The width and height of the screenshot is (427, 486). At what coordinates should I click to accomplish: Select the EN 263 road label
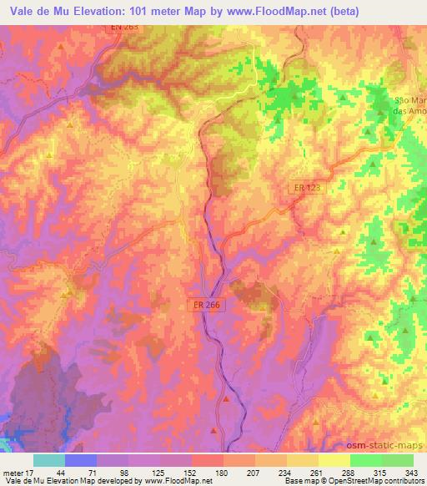tap(123, 28)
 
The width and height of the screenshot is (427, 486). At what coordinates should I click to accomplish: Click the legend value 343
tap(413, 472)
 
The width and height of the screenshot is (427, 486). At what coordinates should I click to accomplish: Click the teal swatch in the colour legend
tap(49, 460)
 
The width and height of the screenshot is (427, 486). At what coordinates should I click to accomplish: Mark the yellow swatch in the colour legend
tap(334, 460)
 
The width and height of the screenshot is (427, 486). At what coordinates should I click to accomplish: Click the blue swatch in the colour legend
tap(81, 460)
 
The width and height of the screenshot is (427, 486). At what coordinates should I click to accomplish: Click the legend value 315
tap(379, 472)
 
